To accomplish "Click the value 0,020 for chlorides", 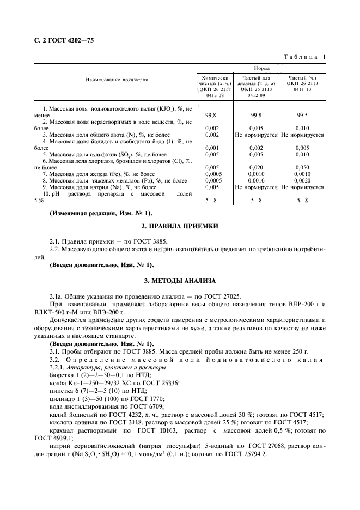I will [x=256, y=167].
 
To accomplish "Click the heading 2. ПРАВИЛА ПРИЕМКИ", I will [x=180, y=226].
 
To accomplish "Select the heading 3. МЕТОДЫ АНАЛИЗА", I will [x=180, y=281].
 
